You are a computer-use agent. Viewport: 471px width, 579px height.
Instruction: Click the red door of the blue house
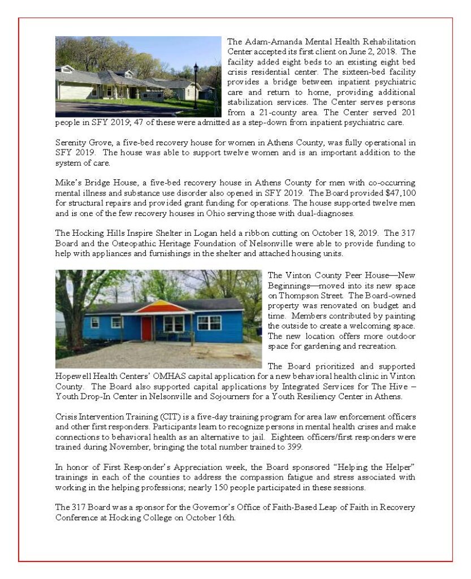[146, 329]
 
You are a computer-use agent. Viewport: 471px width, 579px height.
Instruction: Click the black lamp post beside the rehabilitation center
[196, 85]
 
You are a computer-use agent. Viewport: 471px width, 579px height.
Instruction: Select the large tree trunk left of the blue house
[74, 328]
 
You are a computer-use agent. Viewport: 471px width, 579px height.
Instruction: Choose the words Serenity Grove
[80, 143]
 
